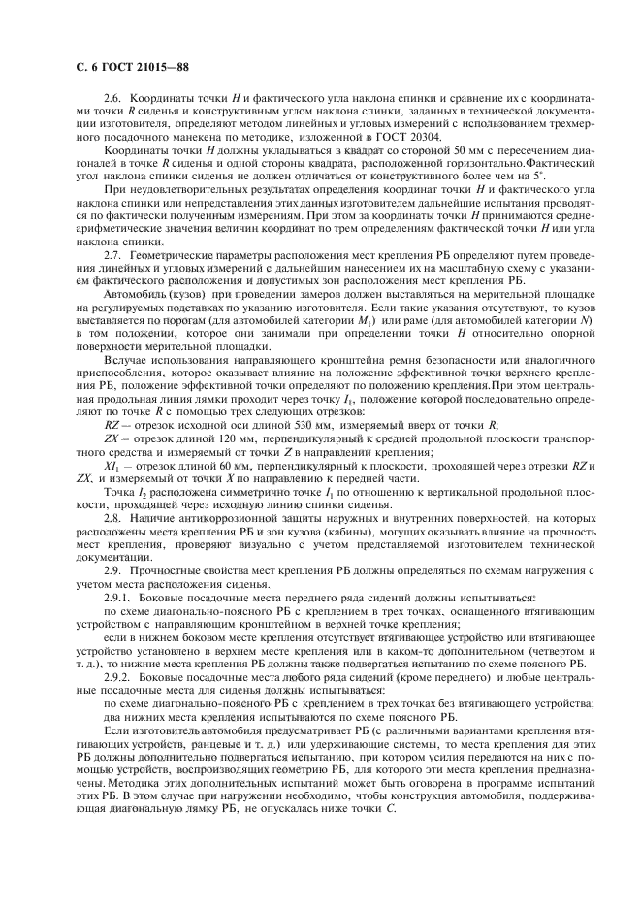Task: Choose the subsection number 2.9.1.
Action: (117, 596)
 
